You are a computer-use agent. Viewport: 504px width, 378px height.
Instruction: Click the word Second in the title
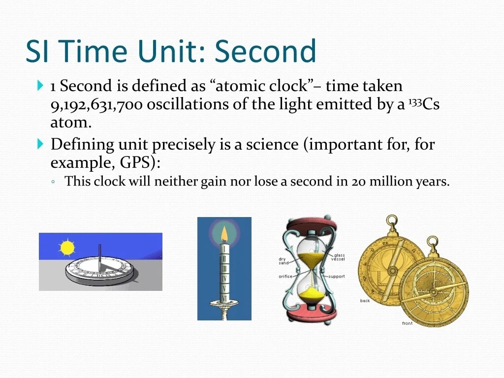(265, 51)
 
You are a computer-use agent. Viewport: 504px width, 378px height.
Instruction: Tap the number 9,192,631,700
(96, 104)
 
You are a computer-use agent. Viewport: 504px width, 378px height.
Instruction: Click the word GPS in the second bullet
(135, 162)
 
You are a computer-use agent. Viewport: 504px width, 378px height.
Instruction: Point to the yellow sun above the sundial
(67, 248)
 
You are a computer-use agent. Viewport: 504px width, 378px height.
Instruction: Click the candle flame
(224, 234)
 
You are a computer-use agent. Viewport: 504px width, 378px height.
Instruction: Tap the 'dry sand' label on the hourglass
(282, 261)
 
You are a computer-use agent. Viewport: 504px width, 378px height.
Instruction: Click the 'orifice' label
(285, 277)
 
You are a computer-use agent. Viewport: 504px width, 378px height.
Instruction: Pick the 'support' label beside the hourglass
(337, 277)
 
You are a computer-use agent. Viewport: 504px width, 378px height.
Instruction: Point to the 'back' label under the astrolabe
(365, 301)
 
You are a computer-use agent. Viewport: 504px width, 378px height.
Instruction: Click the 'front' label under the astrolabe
(407, 323)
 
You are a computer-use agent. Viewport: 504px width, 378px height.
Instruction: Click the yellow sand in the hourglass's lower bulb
(311, 294)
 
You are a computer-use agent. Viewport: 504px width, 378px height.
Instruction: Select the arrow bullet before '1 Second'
(40, 86)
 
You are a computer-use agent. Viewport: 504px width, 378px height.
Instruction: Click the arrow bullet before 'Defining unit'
(40, 144)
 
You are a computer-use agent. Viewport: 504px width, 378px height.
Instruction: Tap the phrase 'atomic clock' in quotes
(262, 86)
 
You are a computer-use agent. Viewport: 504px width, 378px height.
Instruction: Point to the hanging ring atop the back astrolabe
(392, 221)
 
